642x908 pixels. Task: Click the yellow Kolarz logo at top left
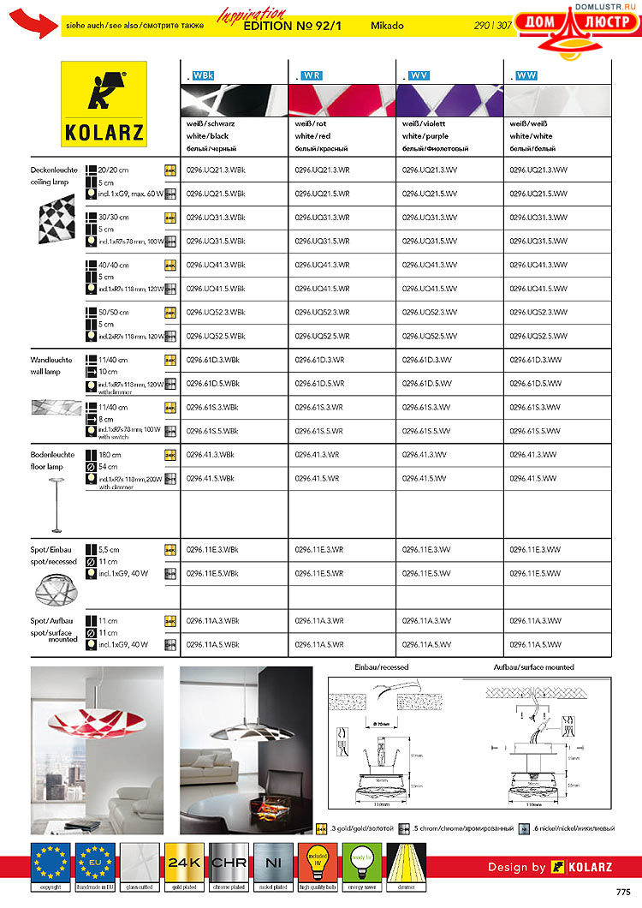tap(104, 104)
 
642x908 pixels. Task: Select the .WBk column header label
tap(202, 76)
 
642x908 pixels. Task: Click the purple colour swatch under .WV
tap(449, 99)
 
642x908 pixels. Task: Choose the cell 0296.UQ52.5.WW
tap(538, 336)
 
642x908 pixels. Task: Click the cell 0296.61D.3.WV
tap(426, 361)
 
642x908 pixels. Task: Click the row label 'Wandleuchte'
tap(51, 361)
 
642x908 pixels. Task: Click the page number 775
tap(622, 893)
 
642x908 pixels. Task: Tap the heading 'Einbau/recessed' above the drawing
tap(382, 666)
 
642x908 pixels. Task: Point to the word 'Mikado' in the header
tap(387, 26)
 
